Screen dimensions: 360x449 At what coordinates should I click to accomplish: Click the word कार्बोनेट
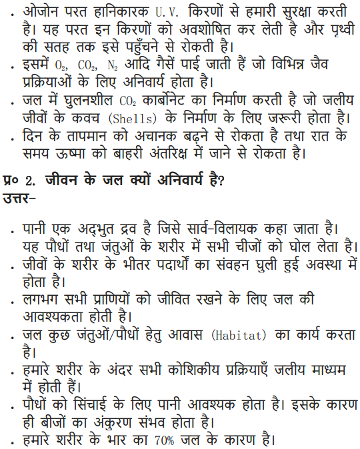pyautogui.click(x=164, y=101)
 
